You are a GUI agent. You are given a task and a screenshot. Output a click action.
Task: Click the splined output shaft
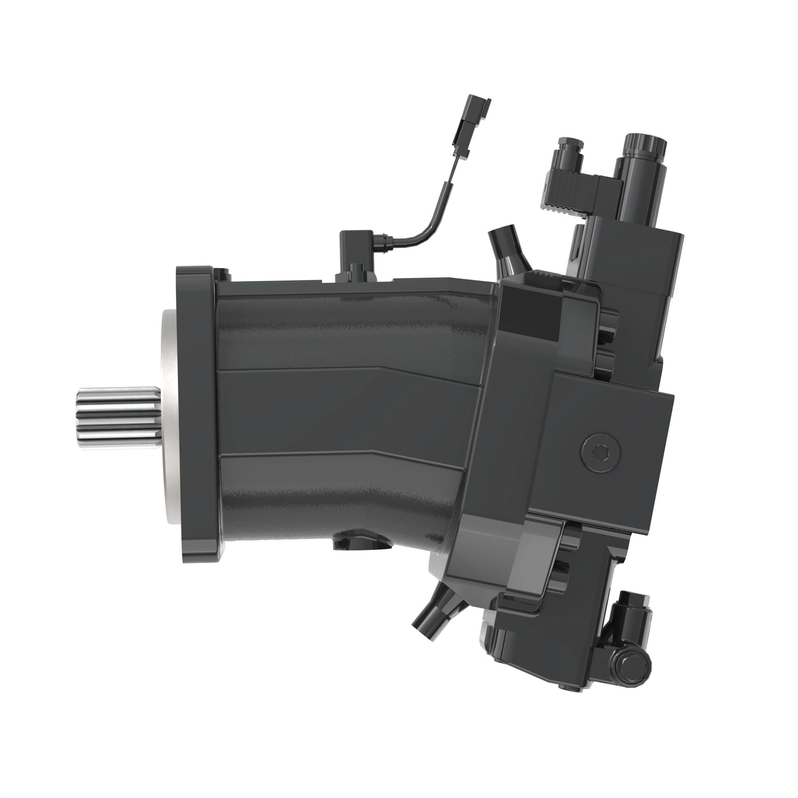118,418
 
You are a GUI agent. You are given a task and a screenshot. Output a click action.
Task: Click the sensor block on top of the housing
356,256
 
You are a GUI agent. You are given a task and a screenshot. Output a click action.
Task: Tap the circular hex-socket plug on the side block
601,452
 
